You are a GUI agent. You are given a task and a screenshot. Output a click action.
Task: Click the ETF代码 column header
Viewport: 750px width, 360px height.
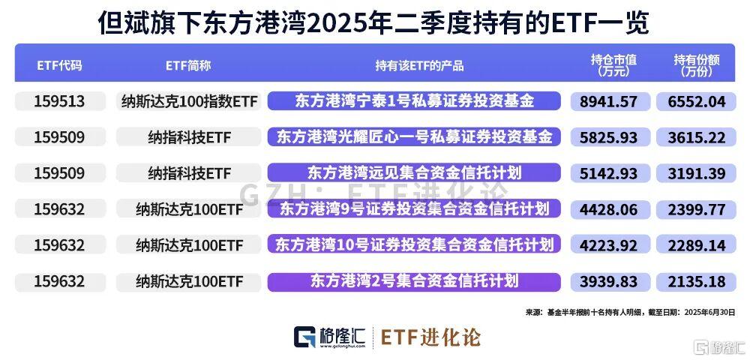(x=59, y=65)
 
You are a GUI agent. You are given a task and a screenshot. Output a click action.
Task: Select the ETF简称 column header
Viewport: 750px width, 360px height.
(x=188, y=65)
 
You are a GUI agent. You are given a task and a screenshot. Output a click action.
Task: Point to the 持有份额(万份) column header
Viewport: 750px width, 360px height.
(x=697, y=65)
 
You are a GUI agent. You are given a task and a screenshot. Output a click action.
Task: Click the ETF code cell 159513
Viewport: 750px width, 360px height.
(x=59, y=101)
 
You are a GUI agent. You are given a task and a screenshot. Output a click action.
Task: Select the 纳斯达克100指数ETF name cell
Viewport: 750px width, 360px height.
(x=190, y=101)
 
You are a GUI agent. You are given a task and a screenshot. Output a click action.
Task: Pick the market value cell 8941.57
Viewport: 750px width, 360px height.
(x=609, y=101)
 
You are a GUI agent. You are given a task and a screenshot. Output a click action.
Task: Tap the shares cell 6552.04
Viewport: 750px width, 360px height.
(x=697, y=101)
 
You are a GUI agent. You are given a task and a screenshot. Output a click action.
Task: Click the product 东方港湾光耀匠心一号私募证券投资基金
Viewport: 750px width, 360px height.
(x=414, y=137)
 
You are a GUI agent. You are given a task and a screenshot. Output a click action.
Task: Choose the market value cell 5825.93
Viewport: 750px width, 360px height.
(x=609, y=137)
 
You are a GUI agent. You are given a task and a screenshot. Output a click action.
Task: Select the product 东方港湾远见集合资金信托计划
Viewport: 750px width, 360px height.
(x=414, y=172)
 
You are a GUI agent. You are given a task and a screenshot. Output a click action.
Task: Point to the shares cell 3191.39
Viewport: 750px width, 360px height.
(x=697, y=173)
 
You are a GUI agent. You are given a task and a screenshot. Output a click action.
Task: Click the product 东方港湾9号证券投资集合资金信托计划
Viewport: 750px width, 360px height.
(x=414, y=209)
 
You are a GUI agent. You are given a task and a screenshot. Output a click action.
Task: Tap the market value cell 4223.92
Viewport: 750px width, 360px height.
(x=609, y=245)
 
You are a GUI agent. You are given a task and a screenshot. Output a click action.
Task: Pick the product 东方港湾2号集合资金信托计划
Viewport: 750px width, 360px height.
(x=414, y=281)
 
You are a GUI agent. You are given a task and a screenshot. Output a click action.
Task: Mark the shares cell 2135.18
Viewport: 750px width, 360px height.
(x=697, y=281)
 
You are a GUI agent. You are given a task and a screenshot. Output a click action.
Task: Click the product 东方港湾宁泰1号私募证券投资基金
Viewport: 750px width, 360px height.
(x=414, y=101)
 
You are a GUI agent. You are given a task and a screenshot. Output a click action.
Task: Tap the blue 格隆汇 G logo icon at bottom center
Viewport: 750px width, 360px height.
(x=304, y=337)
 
